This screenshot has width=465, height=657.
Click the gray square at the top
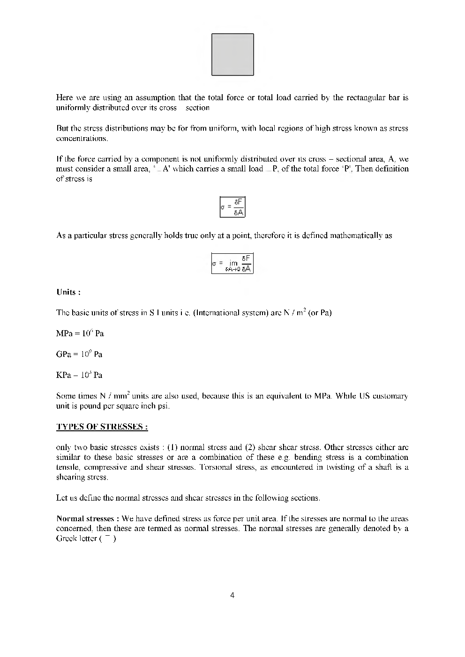[x=232, y=54]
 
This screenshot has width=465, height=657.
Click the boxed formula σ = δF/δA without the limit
[x=232, y=207]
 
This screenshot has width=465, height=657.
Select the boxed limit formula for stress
[x=232, y=264]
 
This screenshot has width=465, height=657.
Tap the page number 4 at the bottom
[x=232, y=595]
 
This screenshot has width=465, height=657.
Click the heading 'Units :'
[x=68, y=292]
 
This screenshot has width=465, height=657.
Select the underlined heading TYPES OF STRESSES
[x=102, y=427]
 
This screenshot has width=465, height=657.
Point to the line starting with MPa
[x=80, y=333]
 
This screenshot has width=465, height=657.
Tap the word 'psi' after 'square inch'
[x=163, y=406]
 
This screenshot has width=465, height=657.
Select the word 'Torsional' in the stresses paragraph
[x=216, y=467]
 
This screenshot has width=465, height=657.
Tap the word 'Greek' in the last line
[x=67, y=539]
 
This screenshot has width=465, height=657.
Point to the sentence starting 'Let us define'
[x=188, y=498]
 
